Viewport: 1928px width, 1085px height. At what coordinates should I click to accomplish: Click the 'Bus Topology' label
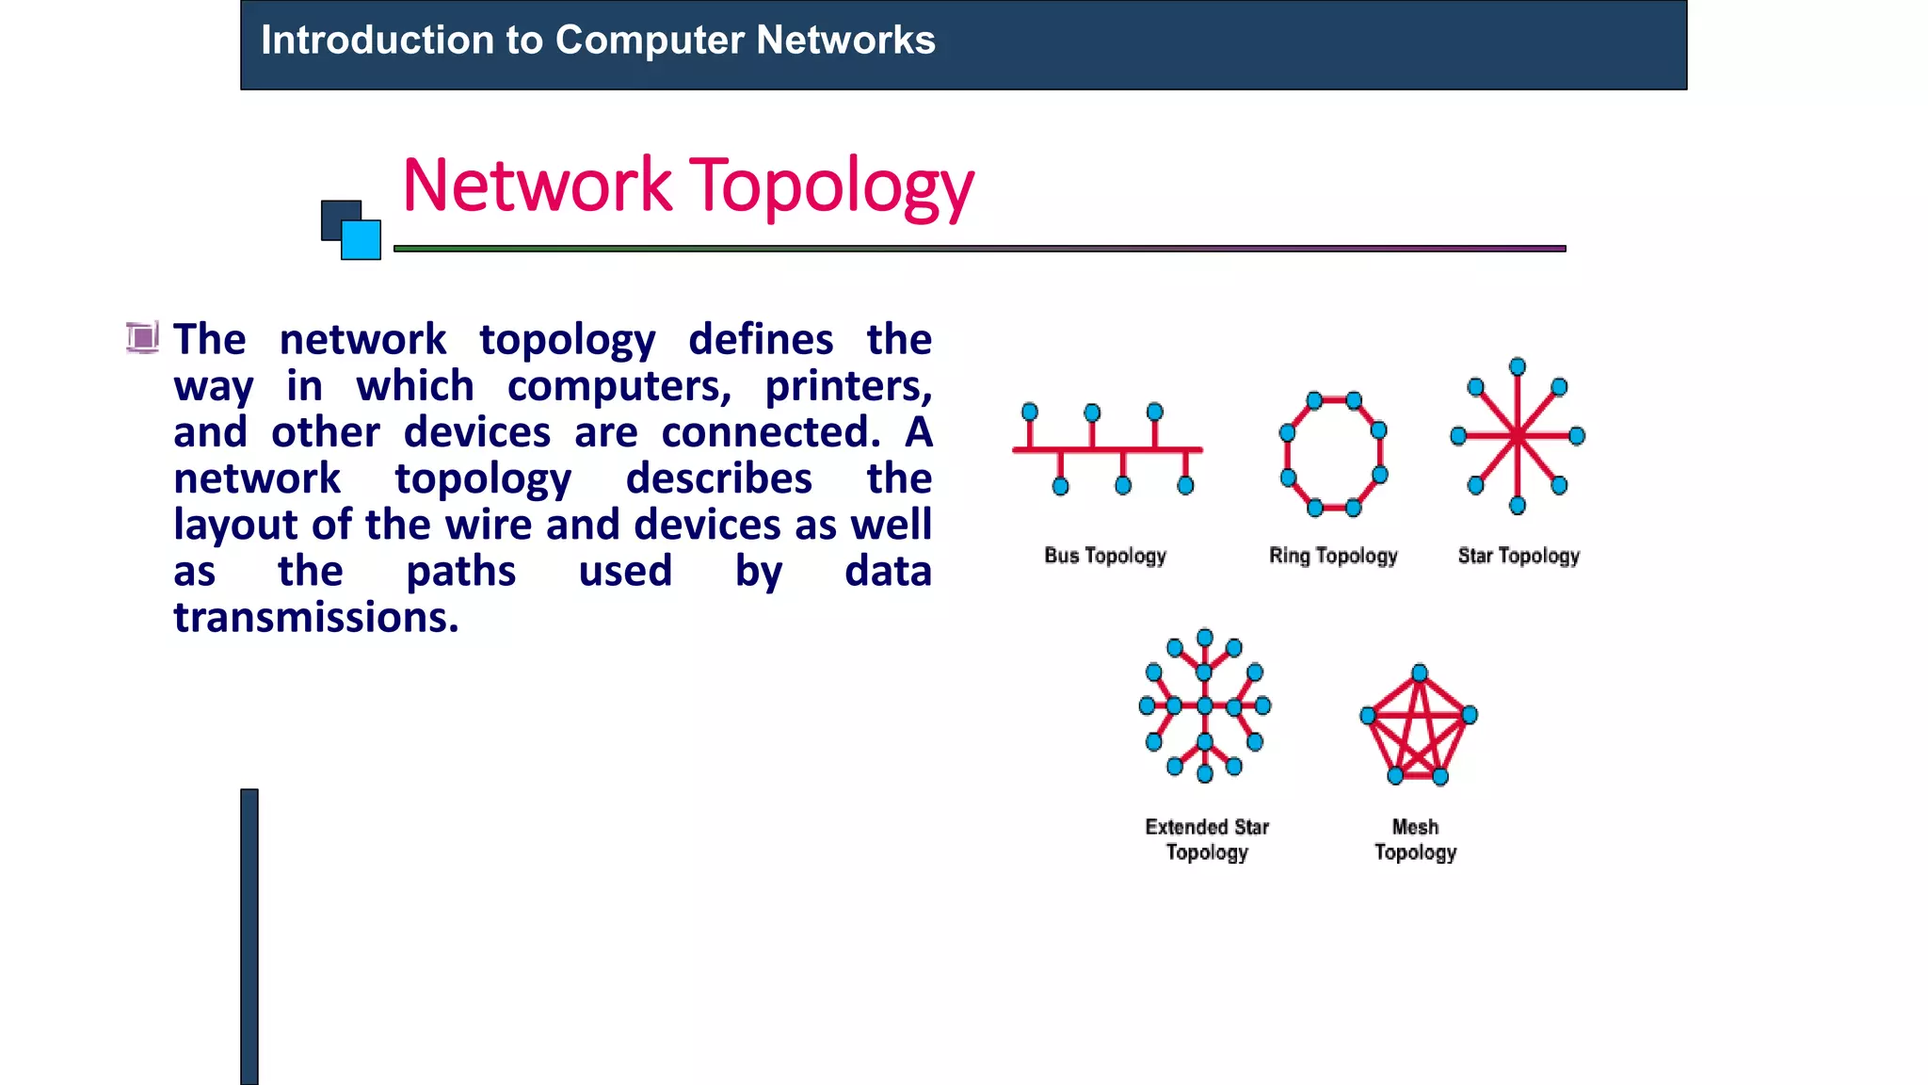click(x=1105, y=556)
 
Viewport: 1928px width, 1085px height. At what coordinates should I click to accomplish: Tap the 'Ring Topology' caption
click(x=1333, y=556)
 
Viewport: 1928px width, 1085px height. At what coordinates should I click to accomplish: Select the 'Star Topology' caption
click(x=1518, y=556)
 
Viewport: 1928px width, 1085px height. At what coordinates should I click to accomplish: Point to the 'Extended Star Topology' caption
click(x=1207, y=839)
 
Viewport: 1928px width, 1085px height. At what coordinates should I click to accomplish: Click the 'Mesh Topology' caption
click(x=1415, y=839)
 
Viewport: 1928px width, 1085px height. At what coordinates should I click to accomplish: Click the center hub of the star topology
click(x=1518, y=436)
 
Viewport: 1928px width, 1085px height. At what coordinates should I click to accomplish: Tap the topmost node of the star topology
click(x=1518, y=366)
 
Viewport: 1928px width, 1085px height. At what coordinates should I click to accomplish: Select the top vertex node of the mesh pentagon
click(x=1420, y=672)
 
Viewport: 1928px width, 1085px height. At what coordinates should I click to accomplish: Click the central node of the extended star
click(x=1205, y=705)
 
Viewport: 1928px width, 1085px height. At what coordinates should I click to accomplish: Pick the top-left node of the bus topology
click(x=1030, y=412)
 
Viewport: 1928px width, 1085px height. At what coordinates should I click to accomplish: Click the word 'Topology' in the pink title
click(x=831, y=186)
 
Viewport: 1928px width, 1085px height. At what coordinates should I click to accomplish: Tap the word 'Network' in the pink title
click(x=537, y=186)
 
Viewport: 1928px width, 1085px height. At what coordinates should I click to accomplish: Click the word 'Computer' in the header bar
click(x=650, y=40)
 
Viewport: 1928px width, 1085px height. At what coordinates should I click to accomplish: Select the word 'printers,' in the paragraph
click(x=847, y=387)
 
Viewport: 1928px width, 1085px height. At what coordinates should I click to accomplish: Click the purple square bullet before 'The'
click(x=142, y=337)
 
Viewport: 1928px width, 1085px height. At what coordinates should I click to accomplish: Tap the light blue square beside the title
click(x=361, y=240)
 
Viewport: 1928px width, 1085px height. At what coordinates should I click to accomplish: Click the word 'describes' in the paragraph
click(x=718, y=479)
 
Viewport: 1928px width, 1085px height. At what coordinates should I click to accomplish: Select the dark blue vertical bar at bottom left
click(x=249, y=936)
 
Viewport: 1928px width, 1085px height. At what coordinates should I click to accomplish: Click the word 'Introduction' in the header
click(x=378, y=40)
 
